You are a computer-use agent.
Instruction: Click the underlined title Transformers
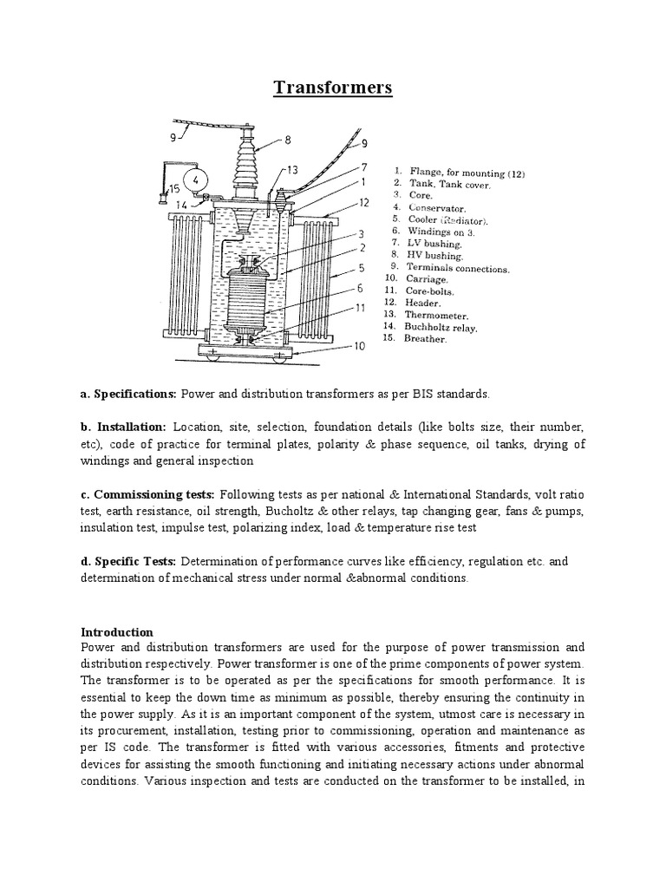(x=333, y=88)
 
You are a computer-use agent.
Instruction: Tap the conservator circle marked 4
(x=196, y=180)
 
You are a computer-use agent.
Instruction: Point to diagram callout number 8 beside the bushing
(x=287, y=139)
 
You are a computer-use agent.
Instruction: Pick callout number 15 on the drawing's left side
(x=174, y=188)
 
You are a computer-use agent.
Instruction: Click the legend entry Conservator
(x=440, y=208)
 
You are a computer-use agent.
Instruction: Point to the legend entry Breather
(x=425, y=339)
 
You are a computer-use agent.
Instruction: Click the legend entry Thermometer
(x=438, y=314)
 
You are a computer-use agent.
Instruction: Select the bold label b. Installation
(x=123, y=428)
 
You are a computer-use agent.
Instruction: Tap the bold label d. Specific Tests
(x=128, y=561)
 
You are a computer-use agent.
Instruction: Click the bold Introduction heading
(x=116, y=631)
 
